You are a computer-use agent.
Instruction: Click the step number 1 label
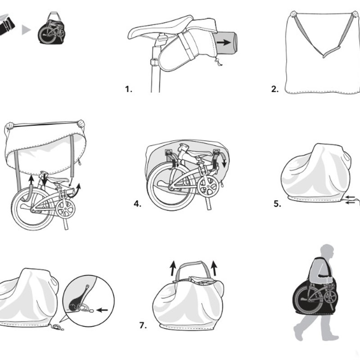pyautogui.click(x=129, y=89)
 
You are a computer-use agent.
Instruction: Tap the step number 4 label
pyautogui.click(x=137, y=204)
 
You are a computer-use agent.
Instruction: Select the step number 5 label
pyautogui.click(x=277, y=204)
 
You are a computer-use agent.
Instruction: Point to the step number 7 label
pyautogui.click(x=143, y=325)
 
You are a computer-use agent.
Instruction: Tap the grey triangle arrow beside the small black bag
pyautogui.click(x=27, y=30)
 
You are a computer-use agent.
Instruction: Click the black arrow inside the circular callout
pyautogui.click(x=103, y=310)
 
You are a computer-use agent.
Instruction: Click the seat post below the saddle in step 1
pyautogui.click(x=155, y=67)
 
